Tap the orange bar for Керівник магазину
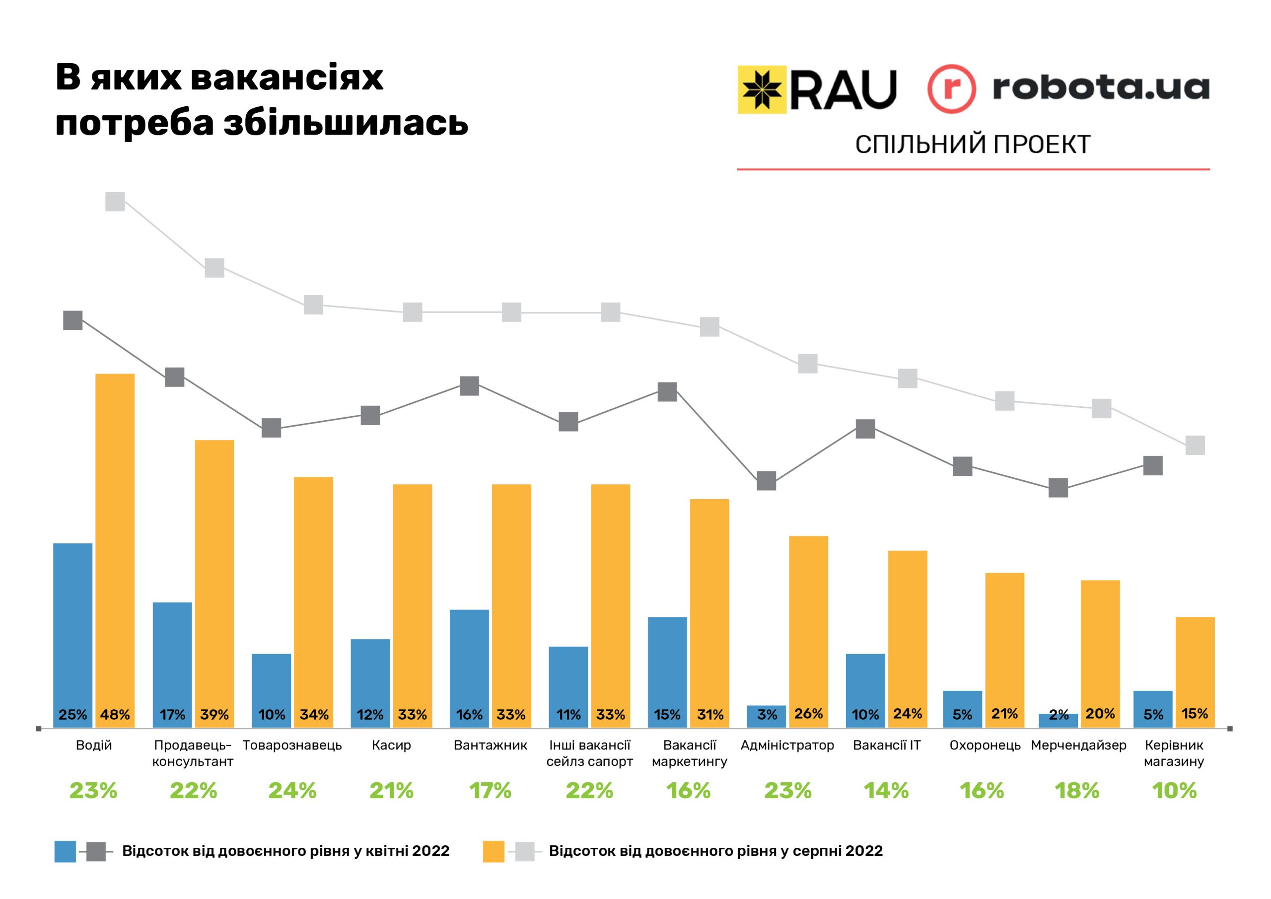coord(1195,670)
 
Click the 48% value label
coord(115,715)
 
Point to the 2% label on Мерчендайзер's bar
coord(1059,715)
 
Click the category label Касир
coord(391,746)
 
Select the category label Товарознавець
coord(292,746)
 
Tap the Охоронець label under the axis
coord(985,746)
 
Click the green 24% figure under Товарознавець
coord(292,791)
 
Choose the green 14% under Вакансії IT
coord(886,791)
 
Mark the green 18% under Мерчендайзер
coord(1077,791)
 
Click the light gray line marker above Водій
coord(115,202)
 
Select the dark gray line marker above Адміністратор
coord(766,481)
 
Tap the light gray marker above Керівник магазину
coord(1195,446)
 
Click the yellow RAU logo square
coord(762,90)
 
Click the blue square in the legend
coord(65,851)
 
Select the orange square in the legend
coord(493,851)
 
